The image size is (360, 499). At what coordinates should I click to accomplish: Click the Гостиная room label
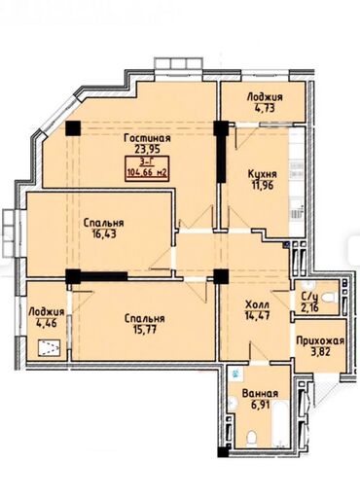pyautogui.click(x=147, y=138)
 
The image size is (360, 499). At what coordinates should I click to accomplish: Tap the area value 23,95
pyautogui.click(x=148, y=149)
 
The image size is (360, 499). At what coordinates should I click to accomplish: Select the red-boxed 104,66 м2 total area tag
pyautogui.click(x=147, y=168)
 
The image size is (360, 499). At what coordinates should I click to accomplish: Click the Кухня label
pyautogui.click(x=262, y=174)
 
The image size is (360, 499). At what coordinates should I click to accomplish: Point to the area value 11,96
pyautogui.click(x=262, y=185)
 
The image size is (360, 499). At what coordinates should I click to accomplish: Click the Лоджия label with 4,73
pyautogui.click(x=265, y=96)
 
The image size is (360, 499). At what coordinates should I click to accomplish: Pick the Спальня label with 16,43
pyautogui.click(x=103, y=223)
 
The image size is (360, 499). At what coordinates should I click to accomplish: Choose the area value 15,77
pyautogui.click(x=145, y=330)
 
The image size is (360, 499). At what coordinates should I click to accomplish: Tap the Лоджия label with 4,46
pyautogui.click(x=46, y=312)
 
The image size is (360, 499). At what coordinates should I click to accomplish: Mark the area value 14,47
pyautogui.click(x=257, y=315)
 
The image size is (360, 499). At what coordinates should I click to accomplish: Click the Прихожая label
pyautogui.click(x=320, y=341)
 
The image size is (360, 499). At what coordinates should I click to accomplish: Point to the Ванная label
pyautogui.click(x=260, y=394)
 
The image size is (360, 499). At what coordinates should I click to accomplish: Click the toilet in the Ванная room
pyautogui.click(x=251, y=438)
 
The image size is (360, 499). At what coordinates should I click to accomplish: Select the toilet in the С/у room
pyautogui.click(x=331, y=297)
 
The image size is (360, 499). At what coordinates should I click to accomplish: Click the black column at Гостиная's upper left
pyautogui.click(x=73, y=127)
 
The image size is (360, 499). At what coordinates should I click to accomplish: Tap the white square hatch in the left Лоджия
pyautogui.click(x=49, y=348)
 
